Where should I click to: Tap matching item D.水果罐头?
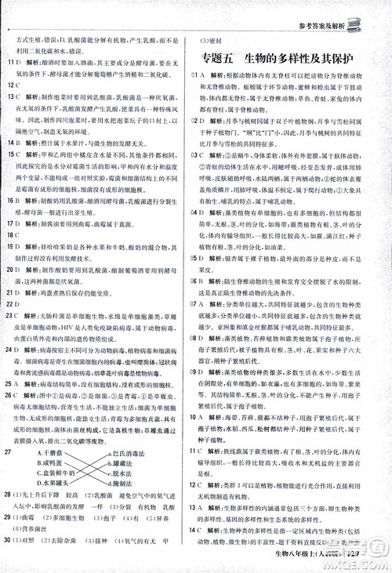tap(64, 484)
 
